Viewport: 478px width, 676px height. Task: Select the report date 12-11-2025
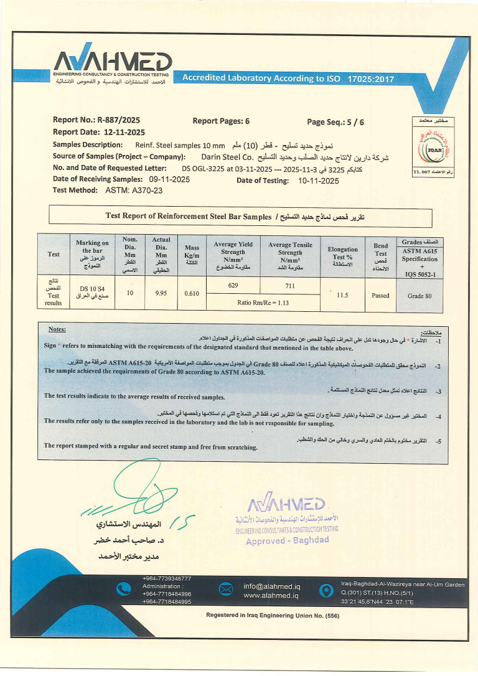click(x=123, y=133)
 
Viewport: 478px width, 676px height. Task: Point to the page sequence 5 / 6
click(x=351, y=122)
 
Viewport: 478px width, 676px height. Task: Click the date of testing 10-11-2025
click(x=319, y=181)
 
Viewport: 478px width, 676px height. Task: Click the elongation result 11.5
click(x=342, y=295)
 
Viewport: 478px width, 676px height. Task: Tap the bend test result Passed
click(x=380, y=296)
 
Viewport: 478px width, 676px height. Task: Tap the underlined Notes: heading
click(x=57, y=329)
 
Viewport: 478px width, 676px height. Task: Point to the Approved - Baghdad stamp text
click(x=287, y=540)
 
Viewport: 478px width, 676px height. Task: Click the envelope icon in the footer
click(x=225, y=590)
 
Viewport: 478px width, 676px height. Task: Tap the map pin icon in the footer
click(x=324, y=590)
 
